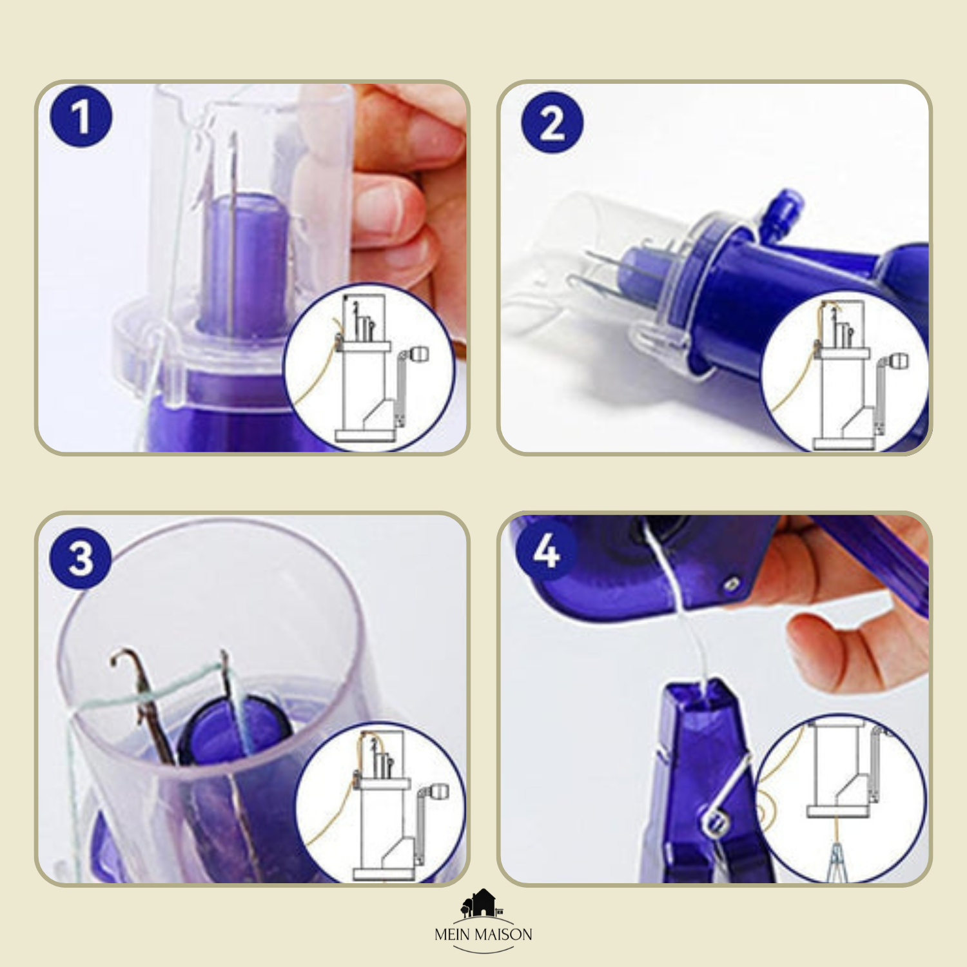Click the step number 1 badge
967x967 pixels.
81,117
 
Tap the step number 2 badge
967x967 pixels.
552,122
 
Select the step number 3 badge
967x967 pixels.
81,558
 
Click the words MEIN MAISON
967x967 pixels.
484,934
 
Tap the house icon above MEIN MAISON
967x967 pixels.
482,903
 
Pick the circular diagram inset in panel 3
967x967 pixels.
380,803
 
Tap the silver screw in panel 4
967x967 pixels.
730,584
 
